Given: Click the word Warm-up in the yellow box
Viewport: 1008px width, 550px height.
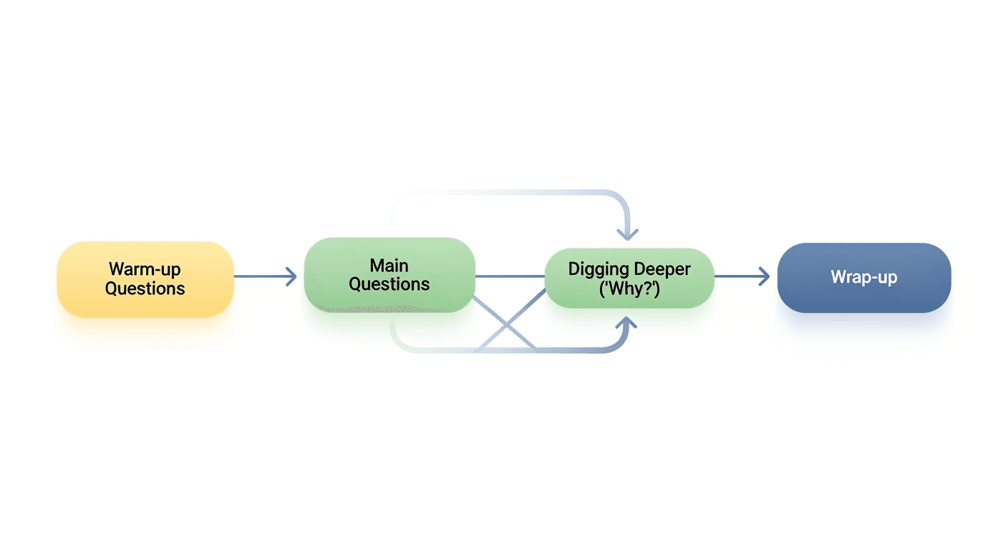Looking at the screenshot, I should (x=145, y=269).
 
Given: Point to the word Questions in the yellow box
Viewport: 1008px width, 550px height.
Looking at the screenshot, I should (x=145, y=289).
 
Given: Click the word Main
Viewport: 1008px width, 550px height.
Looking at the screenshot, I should (x=389, y=266).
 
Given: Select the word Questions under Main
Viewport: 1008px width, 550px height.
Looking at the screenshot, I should (x=389, y=284).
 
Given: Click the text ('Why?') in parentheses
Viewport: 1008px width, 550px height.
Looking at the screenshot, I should (x=629, y=288).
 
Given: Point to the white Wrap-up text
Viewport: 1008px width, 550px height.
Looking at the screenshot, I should (x=864, y=277).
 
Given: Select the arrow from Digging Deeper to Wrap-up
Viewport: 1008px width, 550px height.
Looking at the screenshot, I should (x=742, y=276).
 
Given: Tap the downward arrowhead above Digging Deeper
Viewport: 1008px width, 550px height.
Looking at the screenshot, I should (x=628, y=232).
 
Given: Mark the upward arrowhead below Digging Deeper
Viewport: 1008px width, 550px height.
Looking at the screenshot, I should (x=628, y=326).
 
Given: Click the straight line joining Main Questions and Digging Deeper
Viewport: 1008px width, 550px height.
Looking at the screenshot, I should (x=510, y=276).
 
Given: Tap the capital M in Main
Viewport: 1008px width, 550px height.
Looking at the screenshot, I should (x=377, y=266).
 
